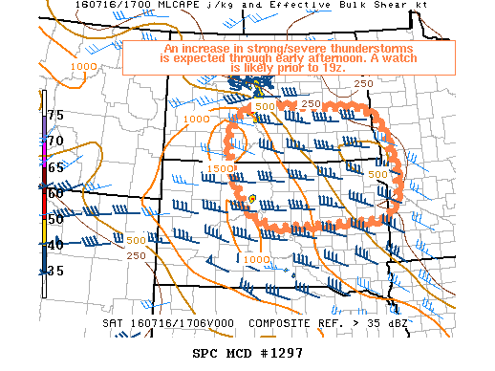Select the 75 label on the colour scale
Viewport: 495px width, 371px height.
pyautogui.click(x=55, y=115)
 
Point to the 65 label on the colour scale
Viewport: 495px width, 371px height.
pyautogui.click(x=55, y=167)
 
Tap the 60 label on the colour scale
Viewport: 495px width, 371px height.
pyautogui.click(x=55, y=193)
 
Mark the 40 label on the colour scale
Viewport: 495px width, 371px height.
pyautogui.click(x=55, y=246)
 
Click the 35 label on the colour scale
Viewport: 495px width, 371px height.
pyautogui.click(x=55, y=272)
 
